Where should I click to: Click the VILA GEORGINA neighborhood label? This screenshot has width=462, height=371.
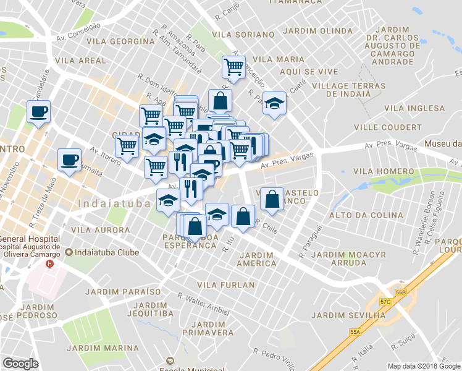[120, 41]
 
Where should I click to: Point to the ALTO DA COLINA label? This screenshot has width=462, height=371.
[357, 215]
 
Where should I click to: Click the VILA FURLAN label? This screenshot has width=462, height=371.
[225, 285]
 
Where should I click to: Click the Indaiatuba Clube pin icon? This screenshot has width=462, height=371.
[69, 252]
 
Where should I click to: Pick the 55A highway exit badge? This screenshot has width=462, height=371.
[355, 332]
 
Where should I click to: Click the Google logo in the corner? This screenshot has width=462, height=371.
[21, 364]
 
